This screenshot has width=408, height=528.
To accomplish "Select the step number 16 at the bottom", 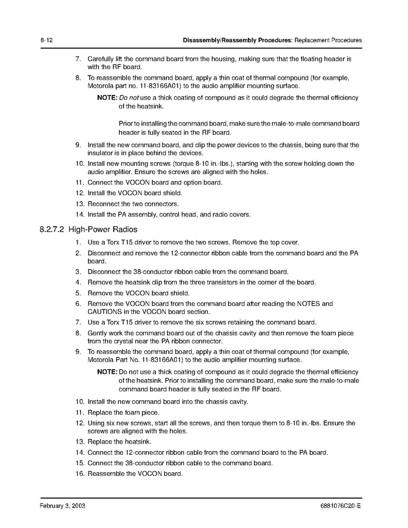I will (79, 474).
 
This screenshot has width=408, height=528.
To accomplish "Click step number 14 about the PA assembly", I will (79, 214).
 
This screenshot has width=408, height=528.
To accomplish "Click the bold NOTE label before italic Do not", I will (107, 98).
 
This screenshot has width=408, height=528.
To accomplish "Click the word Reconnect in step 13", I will (103, 203).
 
